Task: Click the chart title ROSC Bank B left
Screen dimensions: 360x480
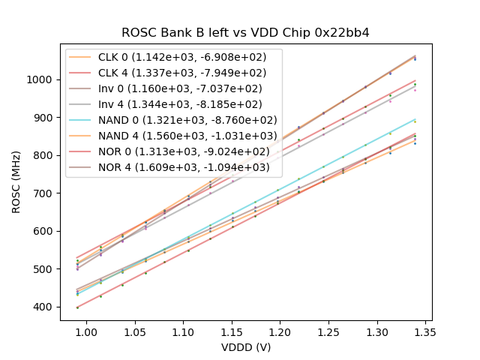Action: pos(245,33)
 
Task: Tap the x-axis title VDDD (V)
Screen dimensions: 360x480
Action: pos(245,347)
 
